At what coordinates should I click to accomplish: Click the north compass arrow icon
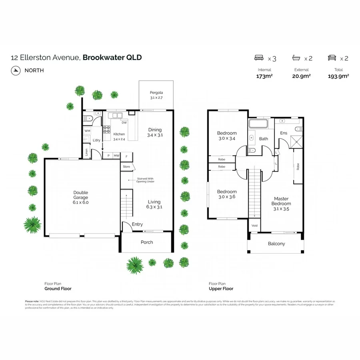tap(16, 70)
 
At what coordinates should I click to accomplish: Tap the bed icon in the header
tap(259, 58)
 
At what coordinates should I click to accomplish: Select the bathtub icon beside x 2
tap(296, 58)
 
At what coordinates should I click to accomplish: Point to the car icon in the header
tap(332, 58)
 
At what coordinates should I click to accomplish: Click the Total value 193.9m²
tap(338, 76)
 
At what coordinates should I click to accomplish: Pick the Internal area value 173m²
tap(264, 76)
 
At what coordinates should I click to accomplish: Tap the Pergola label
tap(156, 93)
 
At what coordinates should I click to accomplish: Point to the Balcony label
tap(276, 244)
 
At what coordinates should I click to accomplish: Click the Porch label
tap(147, 242)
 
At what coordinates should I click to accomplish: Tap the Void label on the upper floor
tap(255, 226)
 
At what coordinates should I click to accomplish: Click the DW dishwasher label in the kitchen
tap(124, 123)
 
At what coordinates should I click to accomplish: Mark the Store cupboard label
tap(126, 166)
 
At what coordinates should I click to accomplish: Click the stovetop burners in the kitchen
tap(107, 129)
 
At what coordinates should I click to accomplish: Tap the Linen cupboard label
tap(86, 152)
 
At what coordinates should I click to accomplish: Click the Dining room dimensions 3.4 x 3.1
tap(155, 135)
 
